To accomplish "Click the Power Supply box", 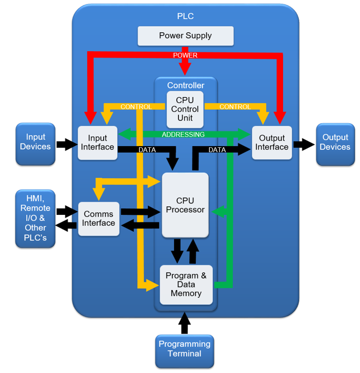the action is [x=185, y=35].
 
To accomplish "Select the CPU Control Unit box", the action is [x=185, y=110].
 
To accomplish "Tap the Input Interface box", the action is [x=98, y=143].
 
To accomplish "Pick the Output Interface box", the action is [x=272, y=143].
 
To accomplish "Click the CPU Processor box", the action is [x=185, y=205].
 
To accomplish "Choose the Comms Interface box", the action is [x=99, y=219].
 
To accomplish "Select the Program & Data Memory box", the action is [x=186, y=285].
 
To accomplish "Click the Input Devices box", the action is [x=35, y=144].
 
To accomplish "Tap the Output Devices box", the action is [x=335, y=144].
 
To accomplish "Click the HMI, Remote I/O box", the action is [x=35, y=218].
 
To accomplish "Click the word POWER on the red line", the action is [x=185, y=56].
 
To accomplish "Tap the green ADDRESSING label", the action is [x=183, y=135].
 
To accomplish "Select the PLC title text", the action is [x=185, y=16].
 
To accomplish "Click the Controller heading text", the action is [x=185, y=86].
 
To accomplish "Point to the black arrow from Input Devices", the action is [x=67, y=145].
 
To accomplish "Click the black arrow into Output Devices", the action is [x=304, y=145].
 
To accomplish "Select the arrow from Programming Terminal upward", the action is [x=185, y=323].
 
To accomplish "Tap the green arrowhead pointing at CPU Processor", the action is [x=218, y=212].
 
